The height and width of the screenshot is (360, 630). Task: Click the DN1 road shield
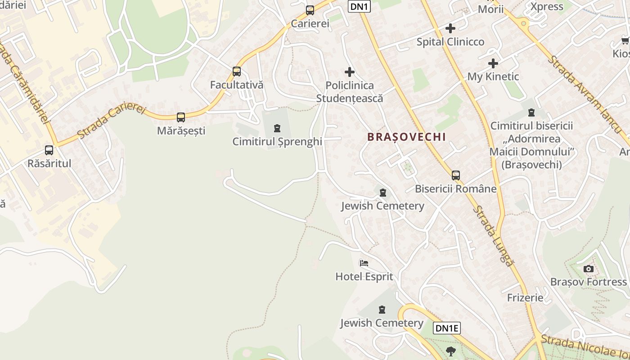359,6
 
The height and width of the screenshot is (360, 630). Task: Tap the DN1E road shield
447,328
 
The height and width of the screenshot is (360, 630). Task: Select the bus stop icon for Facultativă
237,72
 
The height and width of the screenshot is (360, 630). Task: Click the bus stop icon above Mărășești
181,117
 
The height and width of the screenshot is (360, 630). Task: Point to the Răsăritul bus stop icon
49,150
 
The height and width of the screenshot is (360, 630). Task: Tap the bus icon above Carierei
310,10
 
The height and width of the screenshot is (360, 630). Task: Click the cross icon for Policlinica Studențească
350,72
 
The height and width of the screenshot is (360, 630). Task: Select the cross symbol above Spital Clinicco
450,28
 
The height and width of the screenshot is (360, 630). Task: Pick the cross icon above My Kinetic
493,63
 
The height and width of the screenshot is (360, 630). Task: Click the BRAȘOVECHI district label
407,137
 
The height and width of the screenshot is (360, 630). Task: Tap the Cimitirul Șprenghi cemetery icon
277,129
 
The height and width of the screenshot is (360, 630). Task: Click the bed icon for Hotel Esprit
364,263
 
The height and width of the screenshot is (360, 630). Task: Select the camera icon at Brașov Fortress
588,269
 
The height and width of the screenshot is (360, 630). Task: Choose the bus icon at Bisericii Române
456,175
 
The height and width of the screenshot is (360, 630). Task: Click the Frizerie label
525,298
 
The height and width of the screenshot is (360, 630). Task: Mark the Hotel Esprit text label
364,277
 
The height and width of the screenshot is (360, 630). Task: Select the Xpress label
547,7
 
